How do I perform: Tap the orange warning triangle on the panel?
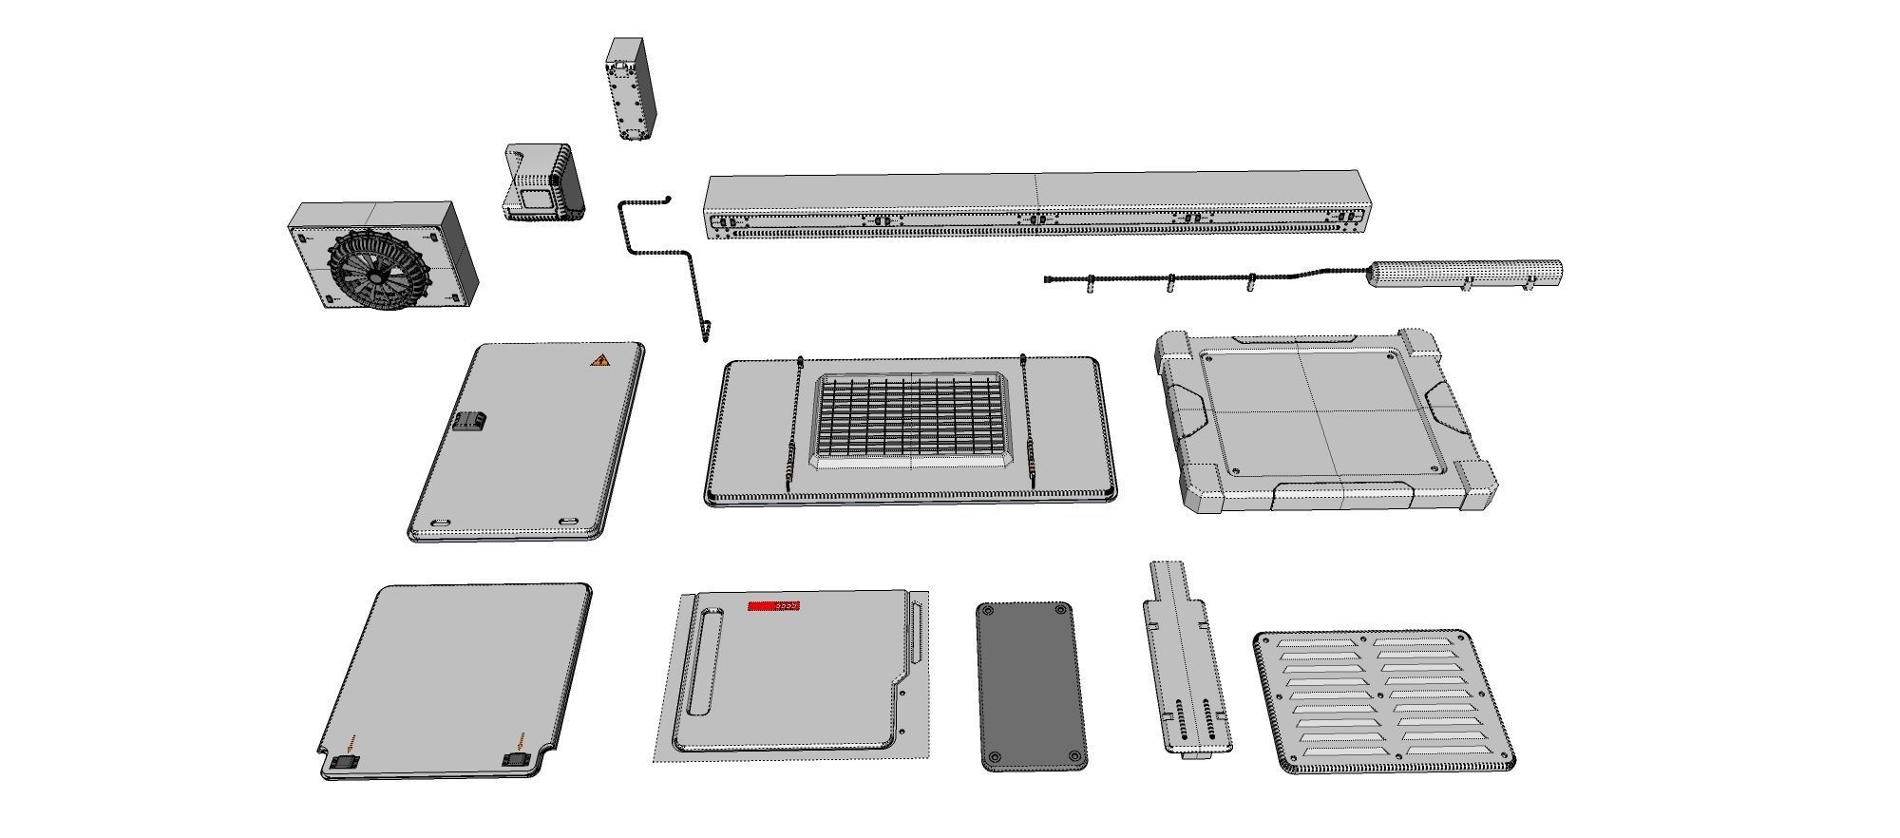(x=599, y=360)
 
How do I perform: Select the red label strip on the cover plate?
(x=773, y=605)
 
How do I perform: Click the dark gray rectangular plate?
(x=1031, y=685)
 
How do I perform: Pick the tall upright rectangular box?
(x=630, y=90)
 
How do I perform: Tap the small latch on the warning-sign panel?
(x=470, y=421)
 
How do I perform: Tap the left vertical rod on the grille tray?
(x=794, y=423)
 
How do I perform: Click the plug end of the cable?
(x=1049, y=279)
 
